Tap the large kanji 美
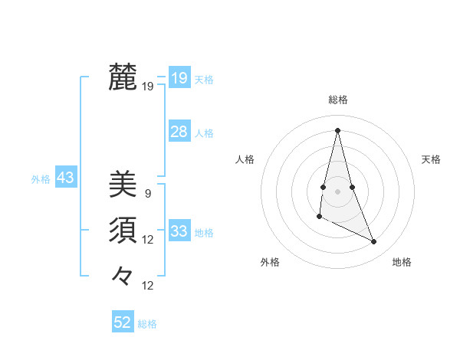pyautogui.click(x=123, y=185)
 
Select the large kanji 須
pyautogui.click(x=123, y=230)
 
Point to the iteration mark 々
pyautogui.click(x=123, y=275)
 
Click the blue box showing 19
pyautogui.click(x=179, y=78)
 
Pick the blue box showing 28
pyautogui.click(x=179, y=132)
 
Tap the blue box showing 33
pyautogui.click(x=179, y=231)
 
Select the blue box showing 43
pyautogui.click(x=65, y=178)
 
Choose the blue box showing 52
pyautogui.click(x=123, y=322)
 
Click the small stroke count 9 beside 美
pyautogui.click(x=147, y=194)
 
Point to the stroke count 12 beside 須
pyautogui.click(x=148, y=240)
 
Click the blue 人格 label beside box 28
pyautogui.click(x=204, y=133)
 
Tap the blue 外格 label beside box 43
pyautogui.click(x=41, y=179)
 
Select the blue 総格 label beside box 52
pyautogui.click(x=147, y=324)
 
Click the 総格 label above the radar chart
pyautogui.click(x=337, y=100)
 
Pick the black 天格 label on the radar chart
pyautogui.click(x=431, y=159)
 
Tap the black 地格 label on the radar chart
pyautogui.click(x=402, y=262)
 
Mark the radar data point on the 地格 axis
pyautogui.click(x=374, y=242)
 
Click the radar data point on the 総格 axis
pyautogui.click(x=337, y=129)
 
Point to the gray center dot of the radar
pyautogui.click(x=337, y=191)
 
